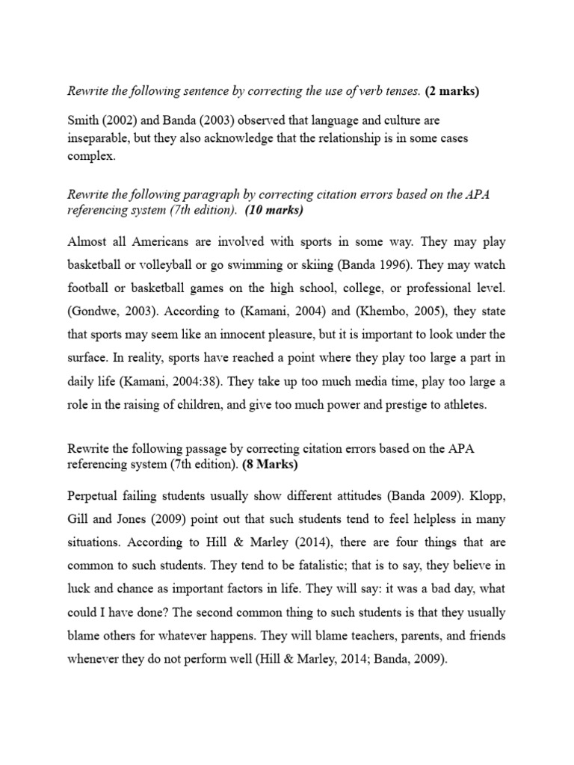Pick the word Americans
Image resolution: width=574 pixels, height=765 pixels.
pos(160,242)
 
